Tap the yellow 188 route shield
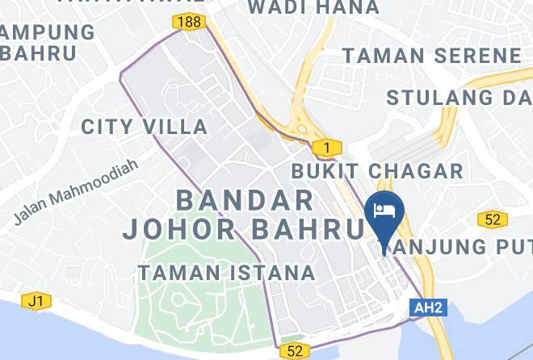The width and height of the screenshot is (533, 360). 191,22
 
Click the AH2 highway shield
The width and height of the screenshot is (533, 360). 428,308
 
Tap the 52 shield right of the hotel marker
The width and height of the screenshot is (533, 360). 492,219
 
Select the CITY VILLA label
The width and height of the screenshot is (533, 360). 145,127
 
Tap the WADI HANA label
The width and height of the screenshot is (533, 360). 313,8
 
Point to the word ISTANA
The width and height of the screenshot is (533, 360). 273,273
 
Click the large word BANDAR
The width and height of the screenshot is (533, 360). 244,199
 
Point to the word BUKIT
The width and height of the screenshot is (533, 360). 327,171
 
